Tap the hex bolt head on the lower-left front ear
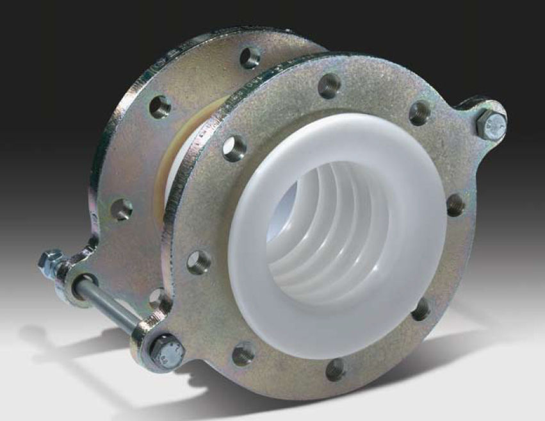click(168, 351)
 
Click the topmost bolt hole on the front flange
click(329, 85)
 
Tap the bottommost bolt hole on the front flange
click(336, 369)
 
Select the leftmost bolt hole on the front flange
click(199, 262)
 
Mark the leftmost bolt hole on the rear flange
click(122, 209)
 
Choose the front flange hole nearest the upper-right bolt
click(420, 112)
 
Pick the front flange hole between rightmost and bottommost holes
click(420, 310)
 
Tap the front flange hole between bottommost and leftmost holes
click(243, 354)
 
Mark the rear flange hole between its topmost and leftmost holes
click(160, 106)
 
